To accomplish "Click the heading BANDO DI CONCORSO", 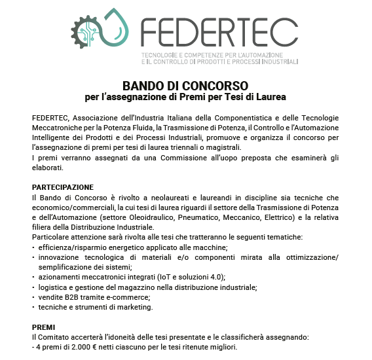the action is pyautogui.click(x=186, y=86).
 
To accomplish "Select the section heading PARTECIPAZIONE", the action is pyautogui.click(x=63, y=187).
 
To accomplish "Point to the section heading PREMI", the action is pyautogui.click(x=45, y=327).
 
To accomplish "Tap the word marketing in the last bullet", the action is pyautogui.click(x=134, y=307).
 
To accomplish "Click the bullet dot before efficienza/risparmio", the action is pyautogui.click(x=33, y=247).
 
